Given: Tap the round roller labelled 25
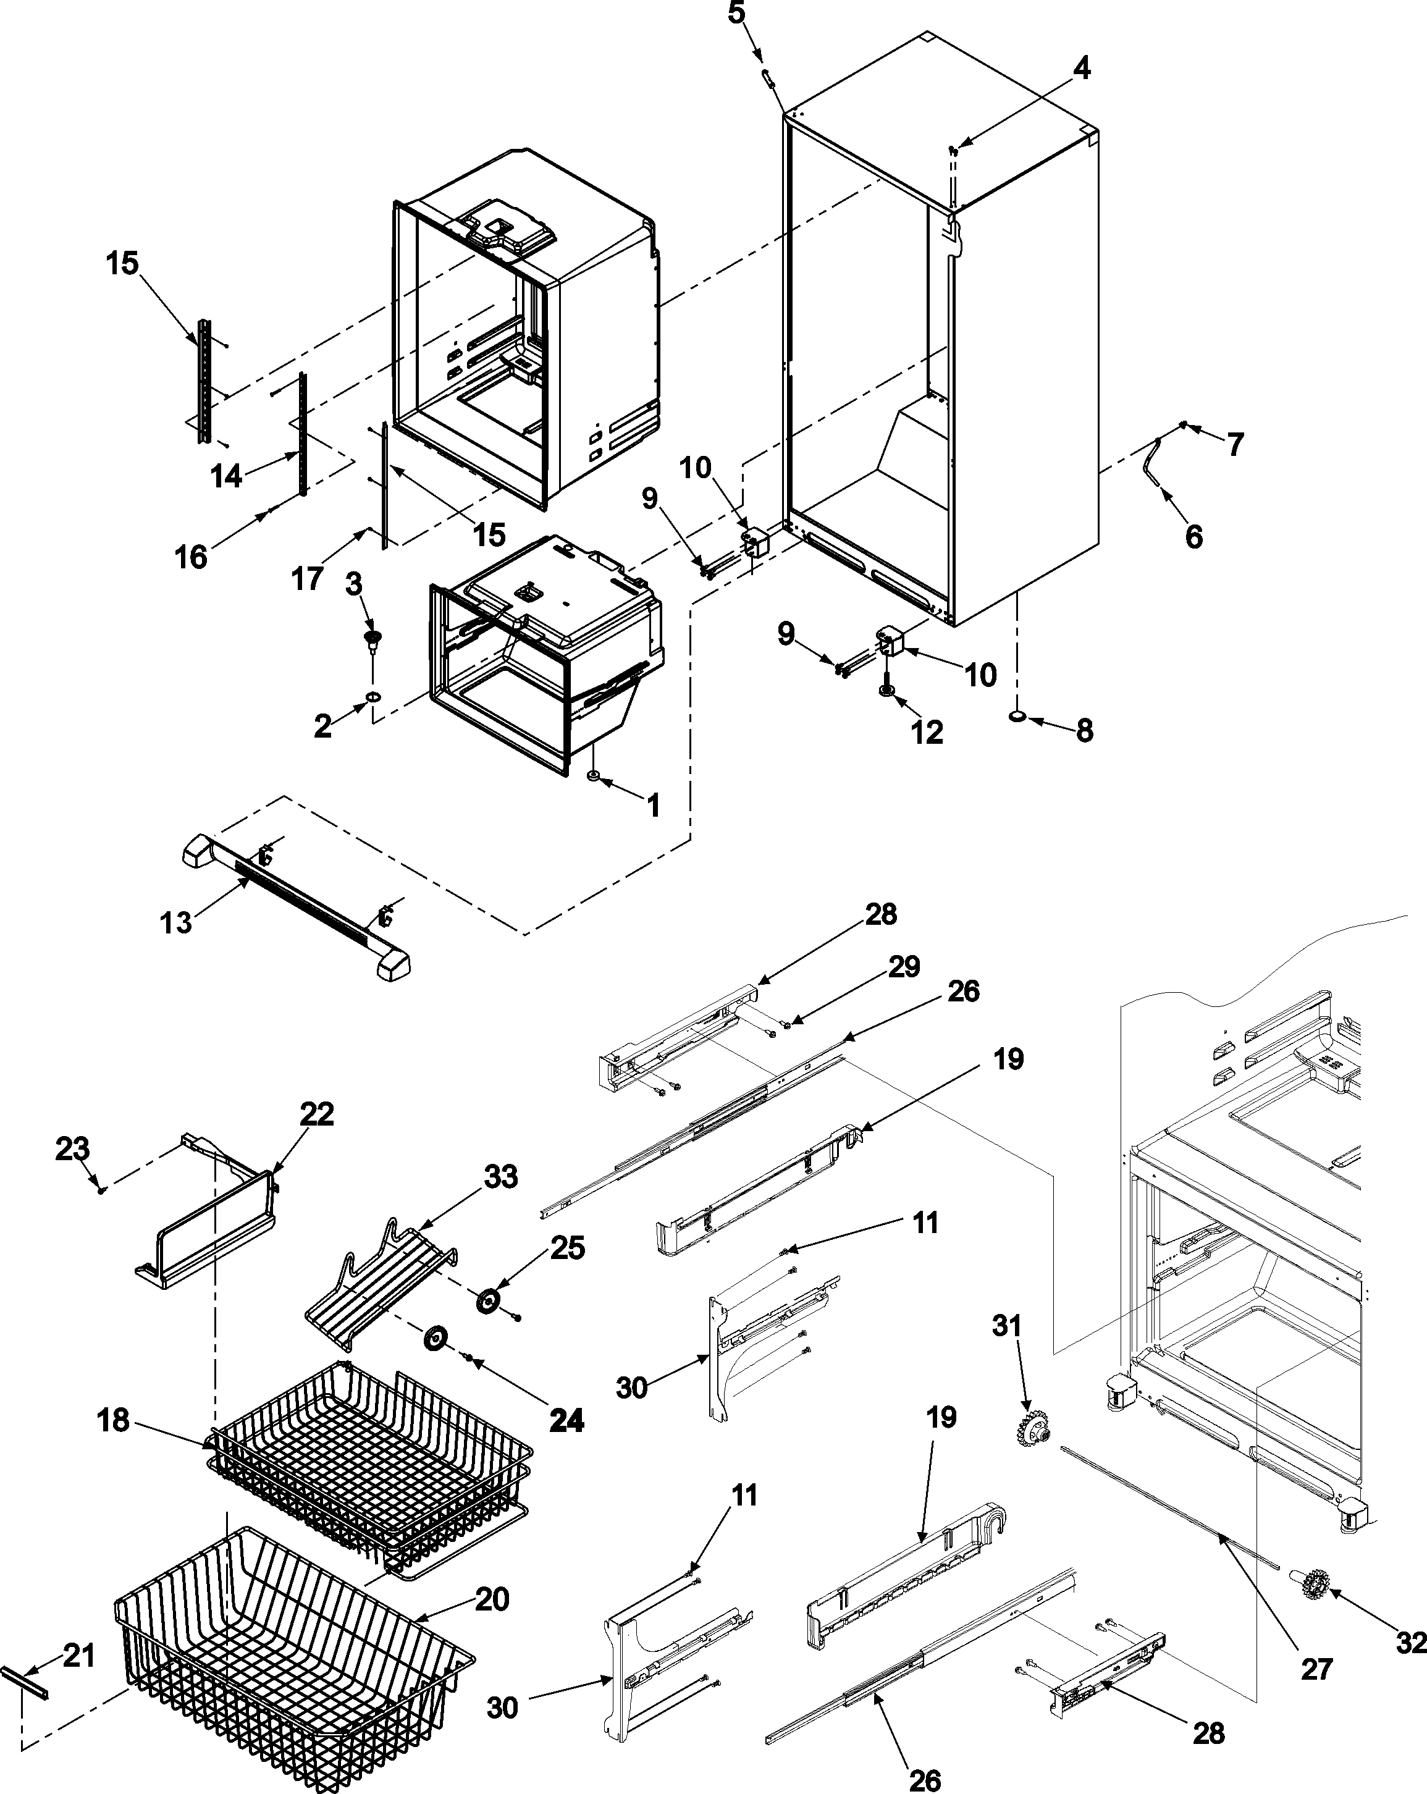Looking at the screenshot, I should pos(487,1302).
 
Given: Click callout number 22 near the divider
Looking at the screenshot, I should pos(317,1113).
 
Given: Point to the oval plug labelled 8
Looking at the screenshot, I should pos(1017,717).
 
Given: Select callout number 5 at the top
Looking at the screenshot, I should pos(736,14).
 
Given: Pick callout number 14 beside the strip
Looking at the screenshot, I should pos(225,476).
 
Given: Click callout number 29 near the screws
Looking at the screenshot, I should pos(904,966).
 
